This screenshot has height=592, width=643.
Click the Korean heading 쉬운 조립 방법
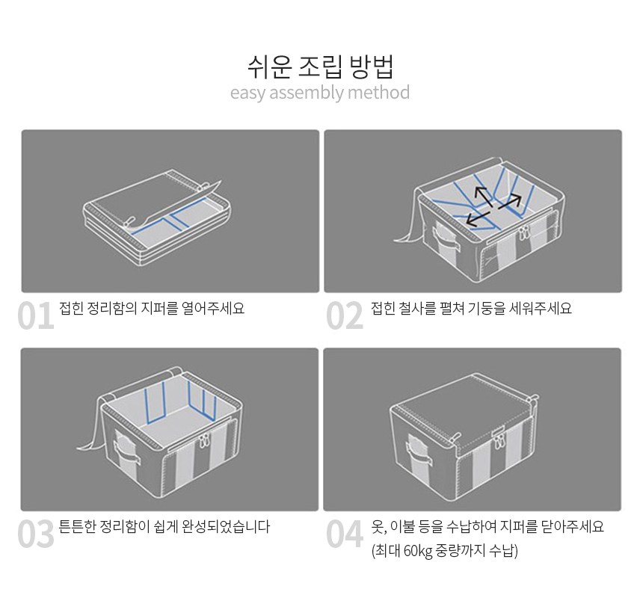[320, 67]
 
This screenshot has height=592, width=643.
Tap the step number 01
[36, 315]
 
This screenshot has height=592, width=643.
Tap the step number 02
[345, 315]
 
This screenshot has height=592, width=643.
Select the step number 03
[36, 534]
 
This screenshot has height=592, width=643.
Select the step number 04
[345, 534]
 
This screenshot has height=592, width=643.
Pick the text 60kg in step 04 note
[418, 551]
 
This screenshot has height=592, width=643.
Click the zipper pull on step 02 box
[523, 232]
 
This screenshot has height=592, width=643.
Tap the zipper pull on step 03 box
[203, 440]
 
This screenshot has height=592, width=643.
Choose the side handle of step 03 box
[126, 449]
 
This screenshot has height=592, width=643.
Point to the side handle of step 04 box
[419, 451]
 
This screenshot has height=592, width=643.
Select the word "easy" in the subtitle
[248, 93]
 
